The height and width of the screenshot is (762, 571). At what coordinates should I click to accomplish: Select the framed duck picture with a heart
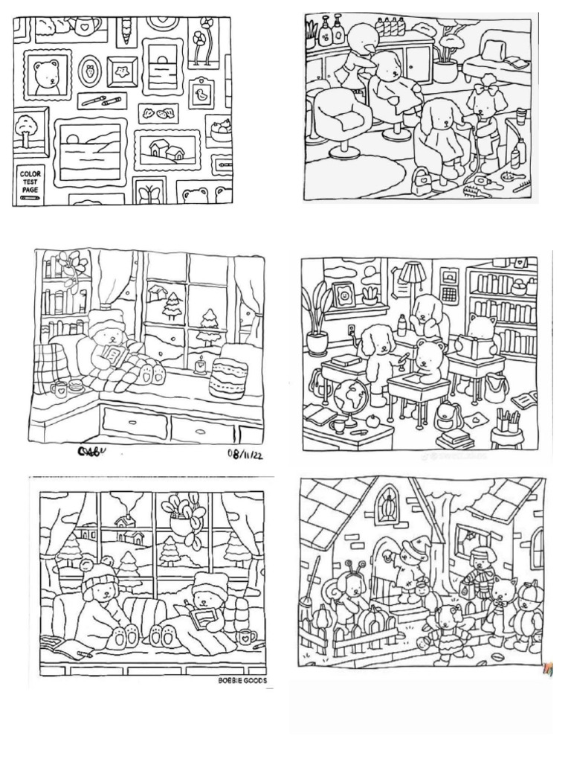coord(200,93)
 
